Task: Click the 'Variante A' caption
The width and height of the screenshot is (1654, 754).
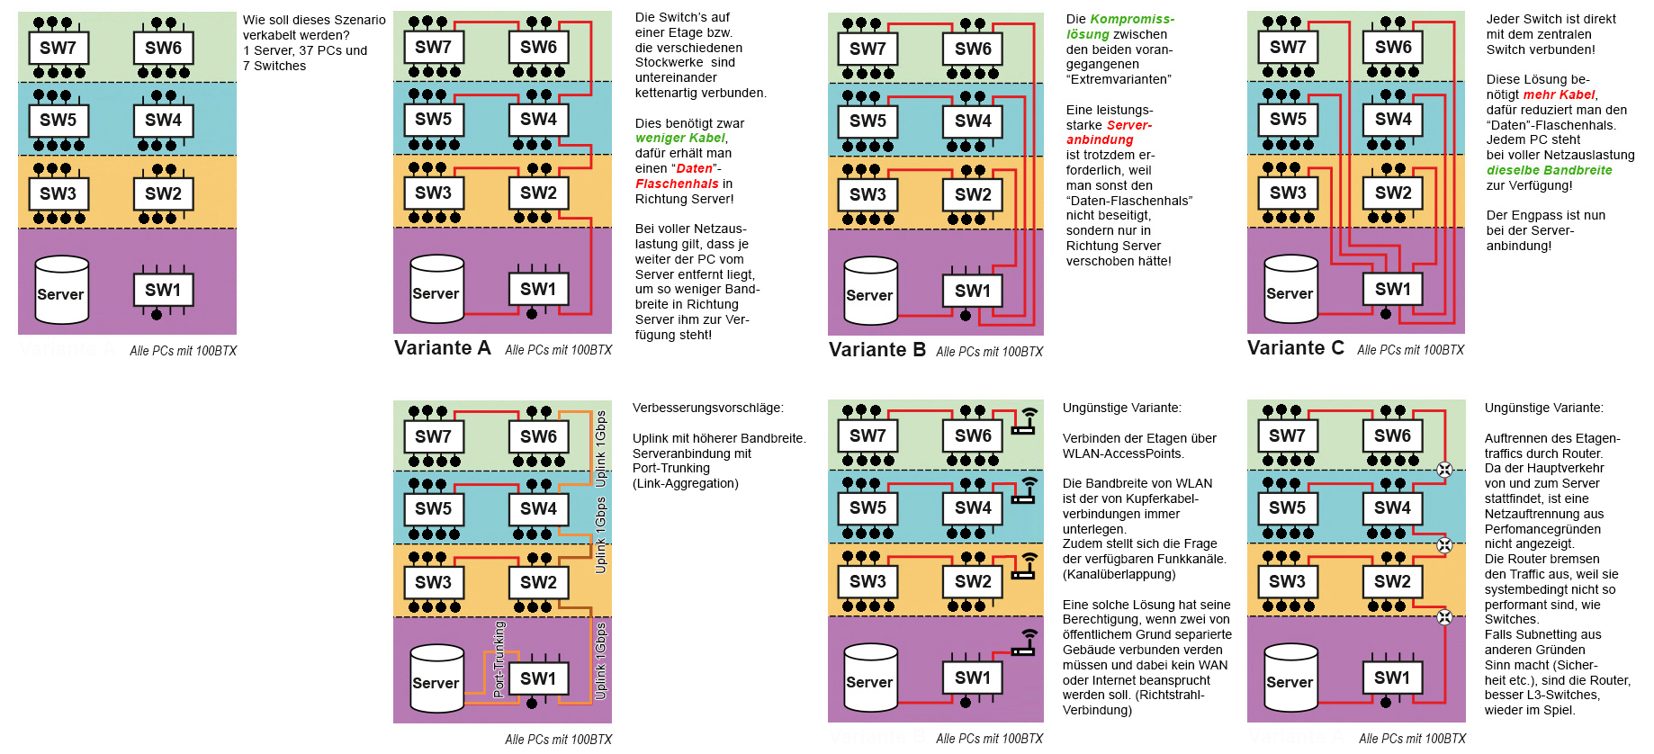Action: click(x=442, y=348)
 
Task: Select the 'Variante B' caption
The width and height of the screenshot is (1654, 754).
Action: click(x=876, y=350)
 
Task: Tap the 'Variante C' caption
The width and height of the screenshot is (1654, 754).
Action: click(x=1295, y=348)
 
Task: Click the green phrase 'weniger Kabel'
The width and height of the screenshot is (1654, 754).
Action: click(x=680, y=139)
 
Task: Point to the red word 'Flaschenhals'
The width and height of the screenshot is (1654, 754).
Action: click(x=677, y=184)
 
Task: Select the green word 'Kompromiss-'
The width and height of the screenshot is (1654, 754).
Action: click(x=1132, y=19)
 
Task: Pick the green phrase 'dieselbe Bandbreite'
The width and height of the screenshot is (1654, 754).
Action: click(x=1549, y=170)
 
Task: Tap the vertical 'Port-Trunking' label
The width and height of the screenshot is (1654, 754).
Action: click(x=499, y=659)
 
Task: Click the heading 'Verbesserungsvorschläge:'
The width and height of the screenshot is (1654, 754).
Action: click(x=707, y=408)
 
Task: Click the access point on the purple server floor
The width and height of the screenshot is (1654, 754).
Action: click(x=1024, y=642)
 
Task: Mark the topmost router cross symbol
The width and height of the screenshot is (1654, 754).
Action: click(x=1444, y=469)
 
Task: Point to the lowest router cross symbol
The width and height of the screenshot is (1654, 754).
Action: click(x=1444, y=617)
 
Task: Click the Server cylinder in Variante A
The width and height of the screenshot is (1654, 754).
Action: click(x=436, y=289)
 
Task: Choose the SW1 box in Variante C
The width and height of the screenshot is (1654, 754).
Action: click(x=1392, y=289)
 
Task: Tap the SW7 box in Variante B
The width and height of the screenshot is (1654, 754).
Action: click(x=867, y=49)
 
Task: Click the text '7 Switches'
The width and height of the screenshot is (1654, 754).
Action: click(x=274, y=66)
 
